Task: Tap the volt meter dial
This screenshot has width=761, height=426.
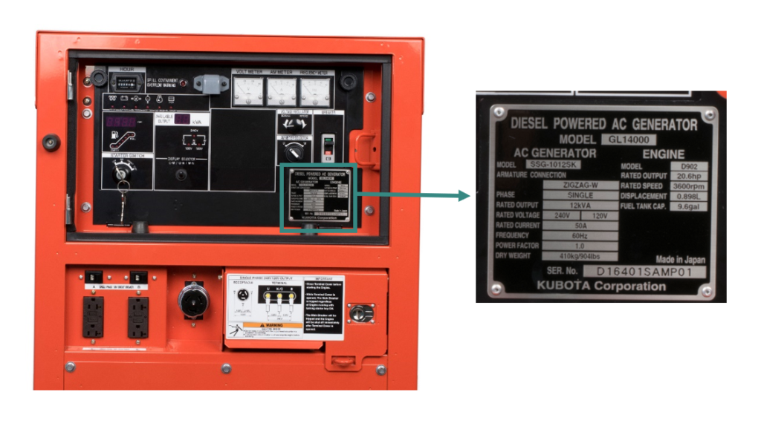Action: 245,91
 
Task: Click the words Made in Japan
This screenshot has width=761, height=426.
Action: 680,260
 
